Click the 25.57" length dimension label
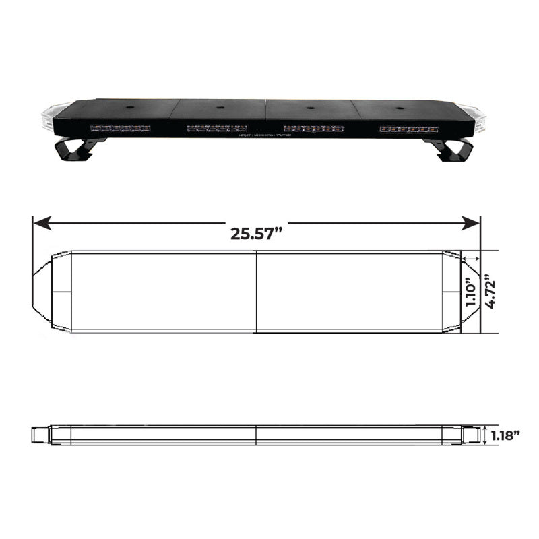256,233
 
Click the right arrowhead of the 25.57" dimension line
474,222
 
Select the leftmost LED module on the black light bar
120,127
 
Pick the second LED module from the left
217,127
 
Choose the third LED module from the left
313,127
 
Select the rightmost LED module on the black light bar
409,127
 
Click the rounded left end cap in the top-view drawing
51,292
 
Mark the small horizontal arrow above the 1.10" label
471,259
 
